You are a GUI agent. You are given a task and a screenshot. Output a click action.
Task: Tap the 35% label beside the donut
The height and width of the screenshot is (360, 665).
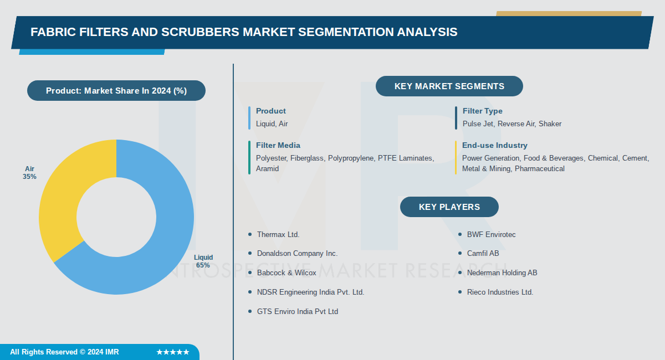[30, 177]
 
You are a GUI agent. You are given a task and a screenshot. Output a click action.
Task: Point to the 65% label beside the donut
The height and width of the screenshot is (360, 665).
[203, 265]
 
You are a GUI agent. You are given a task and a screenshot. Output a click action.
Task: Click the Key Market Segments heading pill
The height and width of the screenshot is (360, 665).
[449, 86]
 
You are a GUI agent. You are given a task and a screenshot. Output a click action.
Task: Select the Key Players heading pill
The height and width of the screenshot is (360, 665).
[449, 207]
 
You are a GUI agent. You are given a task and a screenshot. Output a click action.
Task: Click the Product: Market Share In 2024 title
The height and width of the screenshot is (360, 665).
[116, 91]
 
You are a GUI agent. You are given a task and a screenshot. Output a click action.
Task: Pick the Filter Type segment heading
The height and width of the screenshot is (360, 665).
[482, 111]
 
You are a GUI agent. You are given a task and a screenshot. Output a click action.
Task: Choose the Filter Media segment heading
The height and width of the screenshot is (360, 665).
[278, 146]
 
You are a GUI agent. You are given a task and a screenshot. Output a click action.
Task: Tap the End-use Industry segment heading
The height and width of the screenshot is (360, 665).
[494, 146]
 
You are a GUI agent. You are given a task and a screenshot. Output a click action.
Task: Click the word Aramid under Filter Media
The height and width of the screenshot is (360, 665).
[267, 168]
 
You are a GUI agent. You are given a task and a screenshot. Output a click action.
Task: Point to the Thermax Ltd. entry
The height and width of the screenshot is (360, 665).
[278, 235]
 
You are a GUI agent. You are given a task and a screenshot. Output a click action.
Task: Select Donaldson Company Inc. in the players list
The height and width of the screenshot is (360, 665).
[296, 254]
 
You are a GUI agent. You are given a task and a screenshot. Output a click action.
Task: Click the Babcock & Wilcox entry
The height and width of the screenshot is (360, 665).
[286, 273]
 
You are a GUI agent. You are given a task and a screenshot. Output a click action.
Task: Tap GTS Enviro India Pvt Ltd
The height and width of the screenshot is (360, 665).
[297, 312]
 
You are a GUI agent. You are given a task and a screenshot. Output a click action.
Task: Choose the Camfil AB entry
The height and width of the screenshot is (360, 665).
[483, 254]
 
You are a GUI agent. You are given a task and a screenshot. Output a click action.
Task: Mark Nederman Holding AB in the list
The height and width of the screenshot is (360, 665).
[502, 273]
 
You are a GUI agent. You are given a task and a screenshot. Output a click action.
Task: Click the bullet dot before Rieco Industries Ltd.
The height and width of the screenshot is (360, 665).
[460, 292]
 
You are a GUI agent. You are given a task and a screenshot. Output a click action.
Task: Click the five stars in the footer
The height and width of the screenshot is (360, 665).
[172, 352]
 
